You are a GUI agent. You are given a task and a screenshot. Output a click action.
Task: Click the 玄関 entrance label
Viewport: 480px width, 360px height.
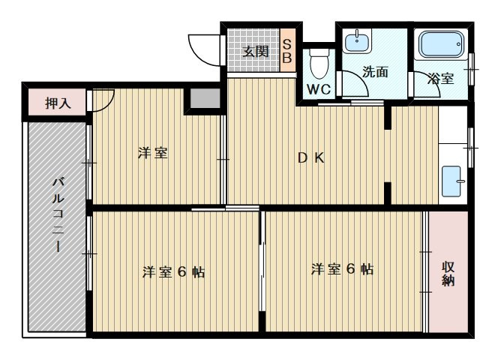tap(255, 51)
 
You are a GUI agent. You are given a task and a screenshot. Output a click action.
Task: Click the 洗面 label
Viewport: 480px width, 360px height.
tap(374, 73)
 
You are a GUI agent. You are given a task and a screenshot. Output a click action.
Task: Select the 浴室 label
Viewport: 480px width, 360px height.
tap(441, 77)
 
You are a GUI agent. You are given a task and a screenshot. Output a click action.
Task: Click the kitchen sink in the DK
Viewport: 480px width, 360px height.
tap(454, 180)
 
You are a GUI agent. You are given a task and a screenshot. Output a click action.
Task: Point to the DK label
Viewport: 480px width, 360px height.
tap(310, 158)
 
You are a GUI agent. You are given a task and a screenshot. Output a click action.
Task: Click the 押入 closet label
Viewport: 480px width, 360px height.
tap(58, 103)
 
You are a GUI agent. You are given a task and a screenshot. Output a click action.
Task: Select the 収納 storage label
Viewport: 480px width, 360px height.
tap(448, 273)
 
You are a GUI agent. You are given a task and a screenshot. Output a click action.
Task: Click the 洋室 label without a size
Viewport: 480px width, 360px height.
tap(151, 154)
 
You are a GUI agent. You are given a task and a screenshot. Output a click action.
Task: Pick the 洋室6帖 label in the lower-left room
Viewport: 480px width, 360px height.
tap(173, 272)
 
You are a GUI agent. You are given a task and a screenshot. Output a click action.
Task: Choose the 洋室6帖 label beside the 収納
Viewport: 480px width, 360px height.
tap(342, 269)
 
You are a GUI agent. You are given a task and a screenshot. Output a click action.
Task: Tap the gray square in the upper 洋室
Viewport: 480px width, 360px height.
tap(202, 99)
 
